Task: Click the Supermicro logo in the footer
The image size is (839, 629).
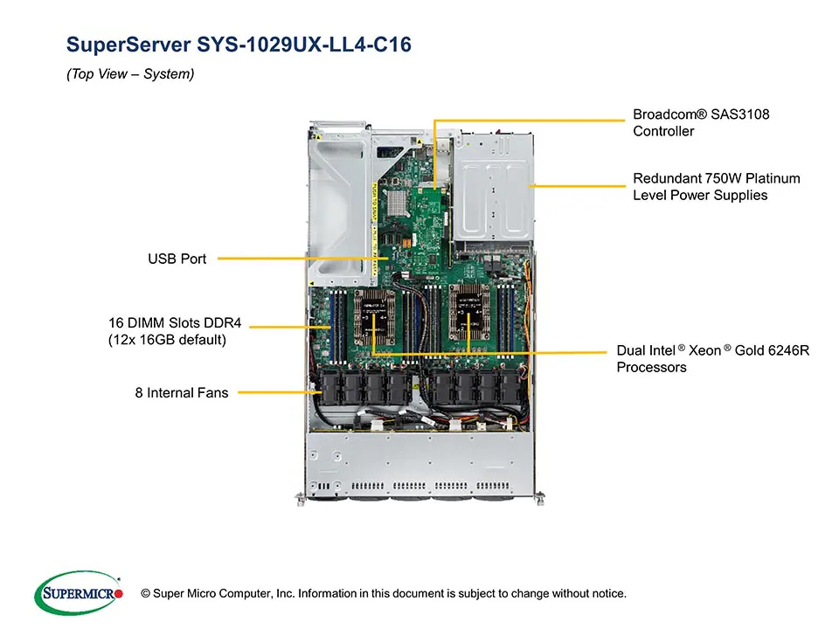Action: (78, 593)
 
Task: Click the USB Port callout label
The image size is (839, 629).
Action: (177, 259)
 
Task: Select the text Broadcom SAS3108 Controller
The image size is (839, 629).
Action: (701, 123)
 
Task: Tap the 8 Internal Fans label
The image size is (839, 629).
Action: (181, 393)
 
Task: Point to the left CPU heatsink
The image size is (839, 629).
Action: (375, 315)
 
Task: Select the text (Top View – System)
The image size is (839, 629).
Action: (130, 74)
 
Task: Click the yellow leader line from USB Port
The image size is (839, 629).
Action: (288, 259)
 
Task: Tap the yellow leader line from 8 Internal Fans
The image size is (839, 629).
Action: (275, 392)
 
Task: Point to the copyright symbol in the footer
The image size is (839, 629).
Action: (146, 594)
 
